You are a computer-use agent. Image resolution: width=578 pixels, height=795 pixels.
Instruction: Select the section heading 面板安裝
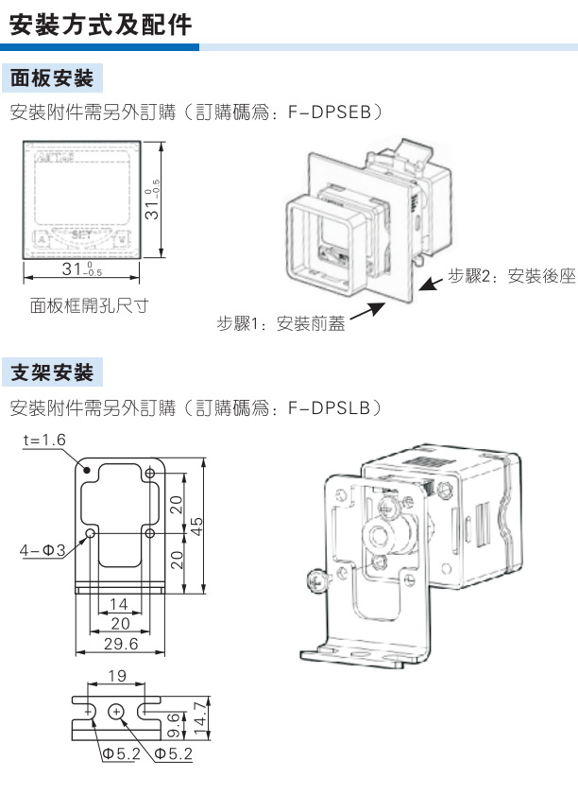[52, 77]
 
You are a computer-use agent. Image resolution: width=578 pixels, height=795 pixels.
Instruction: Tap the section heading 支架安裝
[52, 372]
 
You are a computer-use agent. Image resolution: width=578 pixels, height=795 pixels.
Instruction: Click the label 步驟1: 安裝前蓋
[280, 324]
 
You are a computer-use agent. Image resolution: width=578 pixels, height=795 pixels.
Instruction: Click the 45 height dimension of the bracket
[197, 526]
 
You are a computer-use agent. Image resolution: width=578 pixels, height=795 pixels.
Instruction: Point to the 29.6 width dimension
[120, 643]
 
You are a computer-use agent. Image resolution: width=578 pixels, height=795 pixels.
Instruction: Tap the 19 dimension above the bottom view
[115, 676]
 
